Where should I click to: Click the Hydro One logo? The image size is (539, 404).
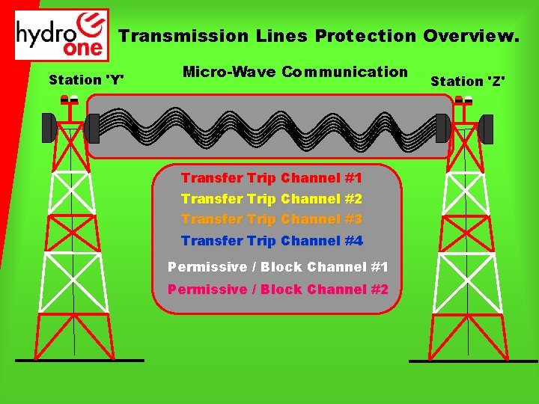pos(61,34)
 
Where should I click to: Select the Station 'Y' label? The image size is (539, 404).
pos(86,79)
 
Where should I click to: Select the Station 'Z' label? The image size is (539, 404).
pos(468,81)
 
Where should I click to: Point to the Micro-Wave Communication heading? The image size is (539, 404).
pos(295,72)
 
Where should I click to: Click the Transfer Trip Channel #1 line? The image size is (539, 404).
pos(272,178)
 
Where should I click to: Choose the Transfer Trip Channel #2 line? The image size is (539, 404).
pos(272,199)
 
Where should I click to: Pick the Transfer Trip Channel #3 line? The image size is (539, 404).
pos(272,219)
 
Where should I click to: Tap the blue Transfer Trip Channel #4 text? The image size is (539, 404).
pos(272,241)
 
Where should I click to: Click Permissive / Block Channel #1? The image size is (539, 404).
pos(278,267)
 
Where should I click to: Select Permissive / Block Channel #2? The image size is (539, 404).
pos(278,290)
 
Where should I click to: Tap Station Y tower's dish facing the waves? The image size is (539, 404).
pos(92,128)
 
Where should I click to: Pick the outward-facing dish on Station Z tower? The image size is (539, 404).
pos(486,129)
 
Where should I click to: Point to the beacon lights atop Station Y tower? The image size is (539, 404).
pos(70,100)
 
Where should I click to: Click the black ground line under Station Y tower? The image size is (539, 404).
pos(79,360)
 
